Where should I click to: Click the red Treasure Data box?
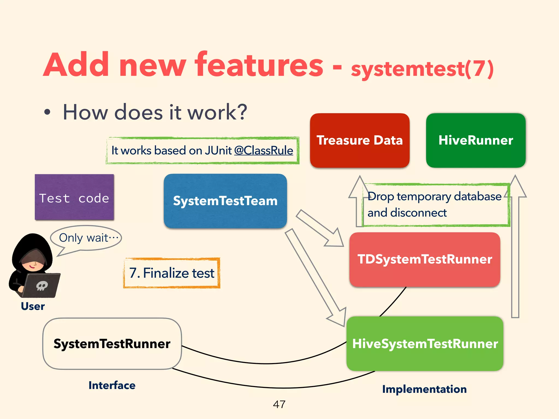tap(359, 140)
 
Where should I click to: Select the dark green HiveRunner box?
tap(475, 140)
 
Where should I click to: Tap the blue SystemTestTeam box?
tap(225, 201)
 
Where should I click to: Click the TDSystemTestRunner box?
tap(425, 259)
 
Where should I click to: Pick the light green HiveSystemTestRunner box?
tap(425, 344)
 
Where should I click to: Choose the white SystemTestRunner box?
tap(112, 344)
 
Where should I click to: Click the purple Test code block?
tap(74, 197)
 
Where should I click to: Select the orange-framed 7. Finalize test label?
tap(172, 273)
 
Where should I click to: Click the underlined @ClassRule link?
tap(263, 151)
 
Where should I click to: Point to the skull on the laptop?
tap(42, 286)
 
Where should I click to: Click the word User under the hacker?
tap(33, 306)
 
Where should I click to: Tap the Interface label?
tap(112, 385)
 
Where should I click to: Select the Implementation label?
tap(424, 389)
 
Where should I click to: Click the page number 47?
tap(279, 404)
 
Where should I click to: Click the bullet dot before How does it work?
tap(47, 112)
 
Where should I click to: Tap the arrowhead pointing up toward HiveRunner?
tap(515, 187)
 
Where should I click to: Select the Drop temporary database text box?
tap(436, 205)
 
